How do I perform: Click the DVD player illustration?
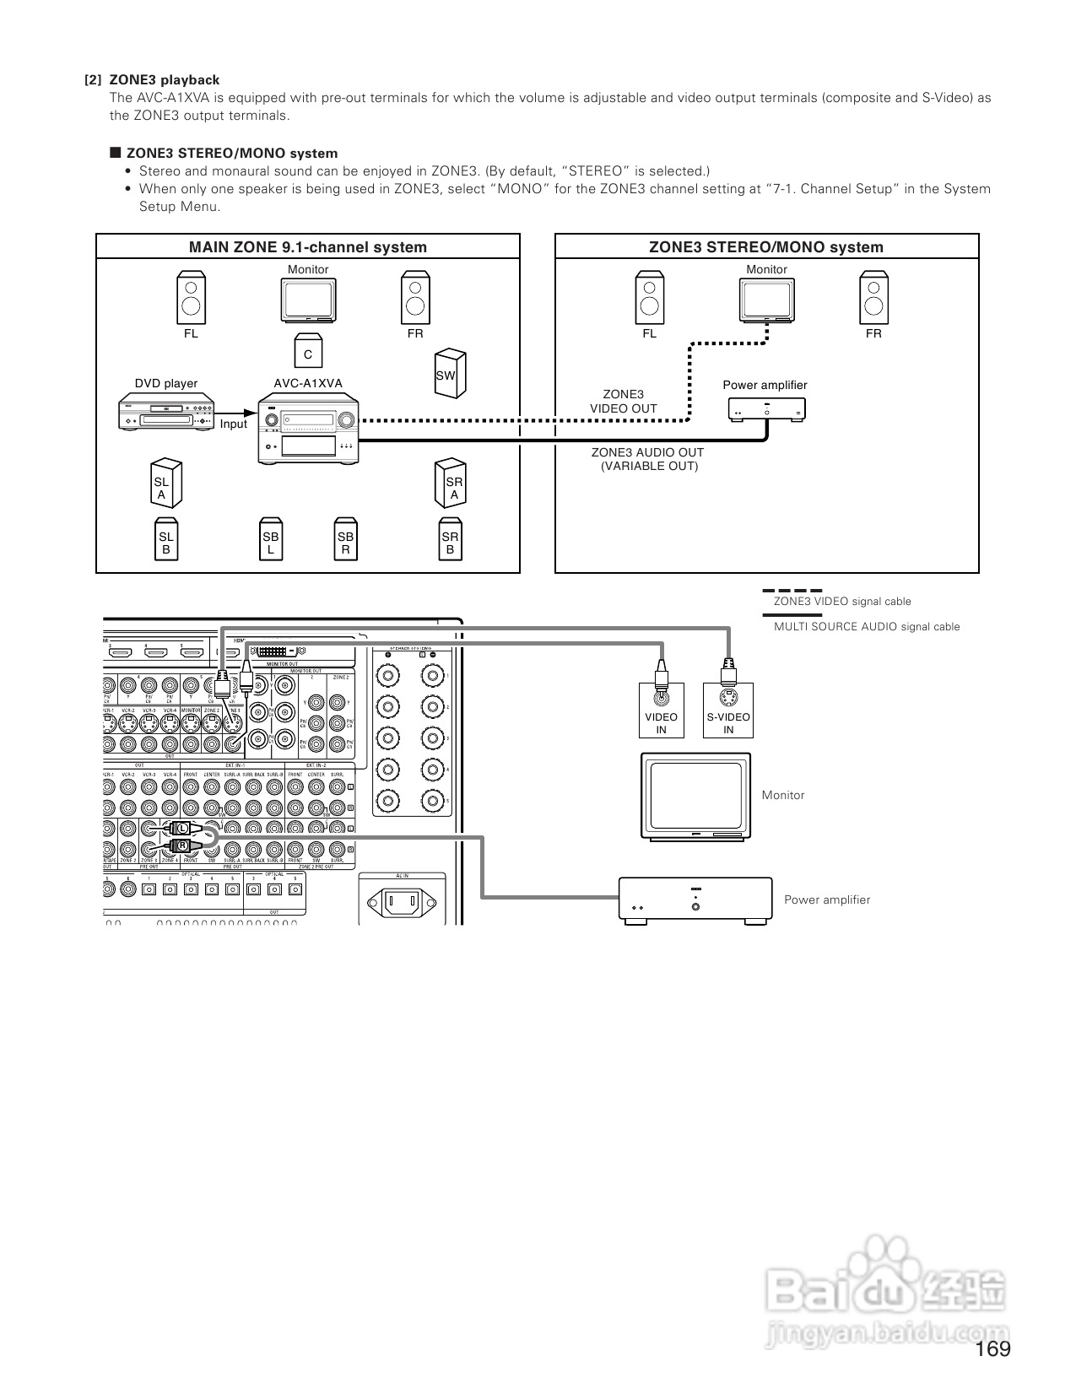pos(165,413)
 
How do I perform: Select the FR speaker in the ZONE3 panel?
pos(873,297)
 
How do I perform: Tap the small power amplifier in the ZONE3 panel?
pos(766,409)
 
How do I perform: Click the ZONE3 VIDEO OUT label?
pos(623,402)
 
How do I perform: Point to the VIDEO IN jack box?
pos(662,711)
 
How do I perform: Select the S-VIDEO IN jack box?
pos(728,711)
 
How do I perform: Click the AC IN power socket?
pos(403,905)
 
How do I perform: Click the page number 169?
pos(992,1349)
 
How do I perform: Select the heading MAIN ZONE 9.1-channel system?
pos(307,247)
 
